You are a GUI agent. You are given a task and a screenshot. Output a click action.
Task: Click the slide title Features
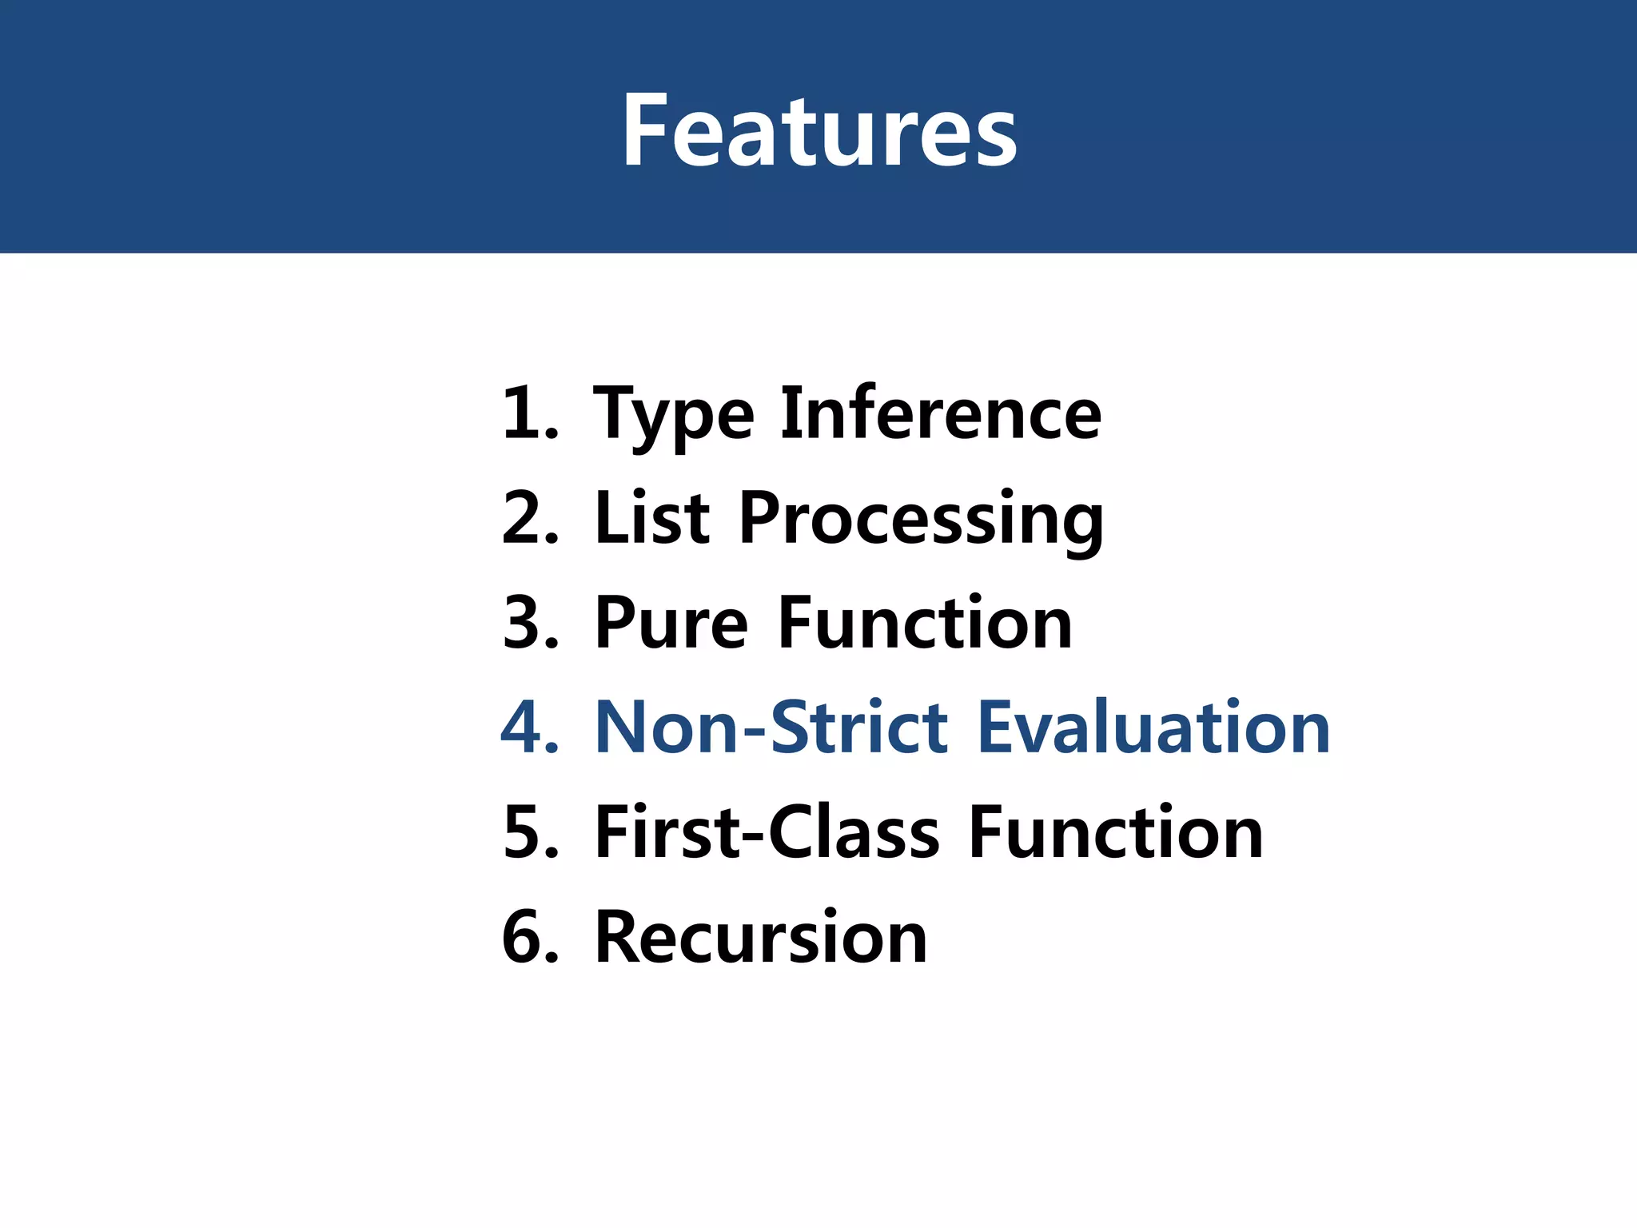click(819, 130)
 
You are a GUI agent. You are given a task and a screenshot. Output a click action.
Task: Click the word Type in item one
click(673, 414)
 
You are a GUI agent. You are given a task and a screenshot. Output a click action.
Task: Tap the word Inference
click(941, 413)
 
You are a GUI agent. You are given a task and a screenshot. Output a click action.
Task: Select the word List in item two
click(652, 518)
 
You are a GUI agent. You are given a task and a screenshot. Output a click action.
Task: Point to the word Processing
click(921, 520)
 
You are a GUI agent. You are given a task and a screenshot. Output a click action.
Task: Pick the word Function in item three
click(925, 624)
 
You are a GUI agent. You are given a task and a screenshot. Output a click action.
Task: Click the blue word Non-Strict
click(772, 728)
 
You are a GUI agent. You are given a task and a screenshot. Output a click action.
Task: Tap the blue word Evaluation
click(1153, 728)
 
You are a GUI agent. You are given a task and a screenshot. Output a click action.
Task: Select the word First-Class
click(767, 833)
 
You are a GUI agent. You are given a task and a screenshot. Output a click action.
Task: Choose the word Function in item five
click(1115, 833)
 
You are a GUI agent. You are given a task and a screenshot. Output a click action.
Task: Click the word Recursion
click(761, 937)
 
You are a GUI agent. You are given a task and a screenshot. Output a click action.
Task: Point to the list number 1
click(524, 414)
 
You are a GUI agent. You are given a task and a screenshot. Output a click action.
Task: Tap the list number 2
click(524, 518)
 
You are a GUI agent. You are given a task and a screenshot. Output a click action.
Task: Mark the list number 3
click(524, 624)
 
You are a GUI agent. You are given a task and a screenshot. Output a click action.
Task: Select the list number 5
click(524, 833)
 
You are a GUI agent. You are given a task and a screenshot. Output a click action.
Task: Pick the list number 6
click(524, 937)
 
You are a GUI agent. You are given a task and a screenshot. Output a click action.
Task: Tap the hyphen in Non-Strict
click(755, 730)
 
